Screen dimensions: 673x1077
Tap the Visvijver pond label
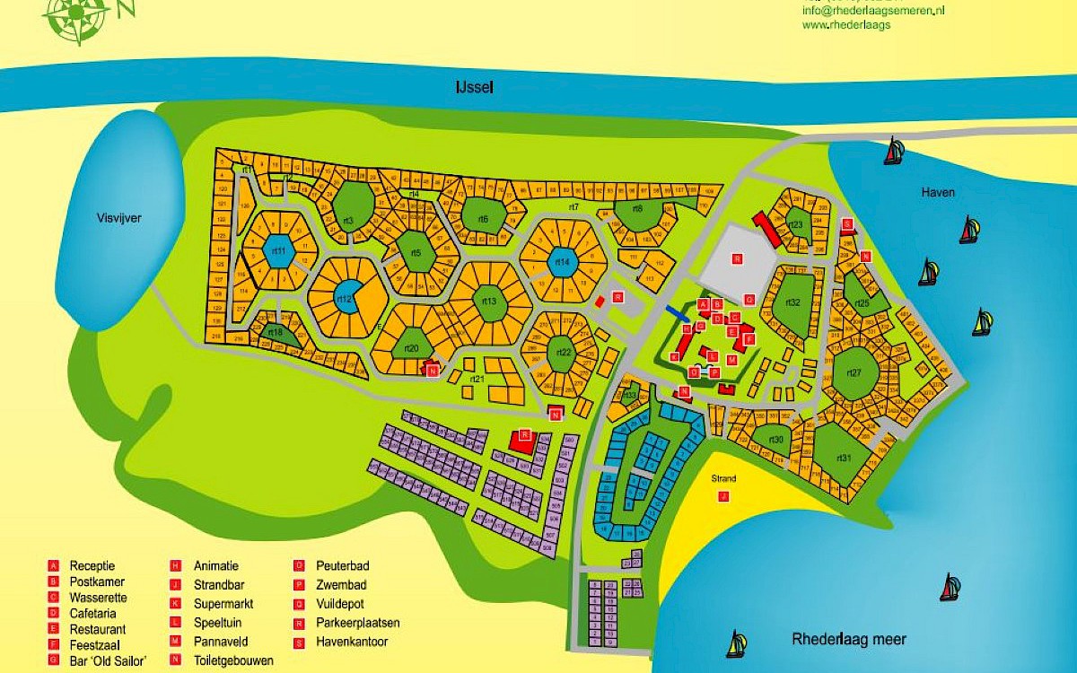pos(120,218)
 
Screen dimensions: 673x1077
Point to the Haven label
pos(937,192)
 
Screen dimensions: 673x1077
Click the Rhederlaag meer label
pos(848,640)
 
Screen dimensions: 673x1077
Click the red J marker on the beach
pos(723,496)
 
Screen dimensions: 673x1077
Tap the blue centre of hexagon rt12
pos(346,300)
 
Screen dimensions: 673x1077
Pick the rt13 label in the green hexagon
pos(489,302)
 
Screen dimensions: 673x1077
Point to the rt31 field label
pos(843,458)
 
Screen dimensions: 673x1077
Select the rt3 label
pos(348,220)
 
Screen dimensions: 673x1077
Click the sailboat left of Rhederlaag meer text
pos(736,644)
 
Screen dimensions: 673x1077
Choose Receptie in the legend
pos(92,566)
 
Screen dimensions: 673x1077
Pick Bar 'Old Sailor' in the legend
pos(108,660)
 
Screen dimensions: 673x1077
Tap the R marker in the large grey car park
pos(737,258)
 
